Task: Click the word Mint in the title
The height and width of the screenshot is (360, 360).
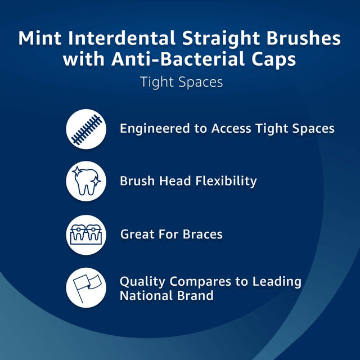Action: [x=40, y=38]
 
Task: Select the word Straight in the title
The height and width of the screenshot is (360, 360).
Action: [x=216, y=38]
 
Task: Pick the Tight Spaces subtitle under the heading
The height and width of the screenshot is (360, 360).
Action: [x=181, y=82]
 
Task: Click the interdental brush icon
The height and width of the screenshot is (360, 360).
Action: [x=86, y=129]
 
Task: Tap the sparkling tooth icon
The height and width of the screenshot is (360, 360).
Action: [x=86, y=181]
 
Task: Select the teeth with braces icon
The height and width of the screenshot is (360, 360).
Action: [x=86, y=234]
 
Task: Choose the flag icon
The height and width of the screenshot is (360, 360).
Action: [x=86, y=287]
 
